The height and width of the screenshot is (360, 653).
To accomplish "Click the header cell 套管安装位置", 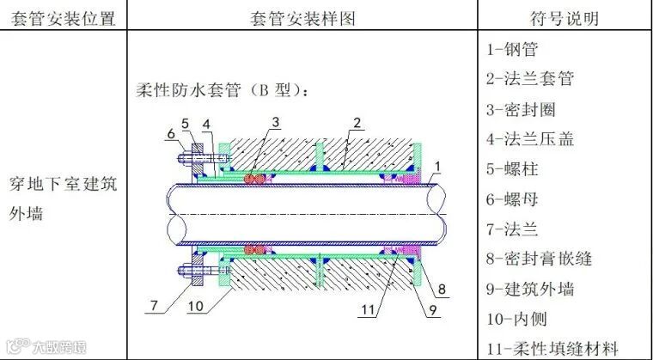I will pos(64,17).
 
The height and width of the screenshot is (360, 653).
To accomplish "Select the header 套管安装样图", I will pos(301,17).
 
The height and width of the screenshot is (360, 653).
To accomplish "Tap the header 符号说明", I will pos(565,17).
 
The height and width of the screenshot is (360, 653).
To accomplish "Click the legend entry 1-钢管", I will pos(513,50).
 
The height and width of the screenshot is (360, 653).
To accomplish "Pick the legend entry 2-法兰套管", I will pos(529,79).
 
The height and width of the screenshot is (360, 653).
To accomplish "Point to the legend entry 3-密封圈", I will pos(522,109).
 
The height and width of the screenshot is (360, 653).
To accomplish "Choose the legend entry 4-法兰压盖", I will pos(529,138).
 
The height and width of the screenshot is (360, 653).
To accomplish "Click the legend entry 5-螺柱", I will pos(514,168).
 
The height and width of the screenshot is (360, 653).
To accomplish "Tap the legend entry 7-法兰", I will pos(514,228).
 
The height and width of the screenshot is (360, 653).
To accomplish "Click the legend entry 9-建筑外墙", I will pos(530,288).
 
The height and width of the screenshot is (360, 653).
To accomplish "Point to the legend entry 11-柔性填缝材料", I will pos(552,347).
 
